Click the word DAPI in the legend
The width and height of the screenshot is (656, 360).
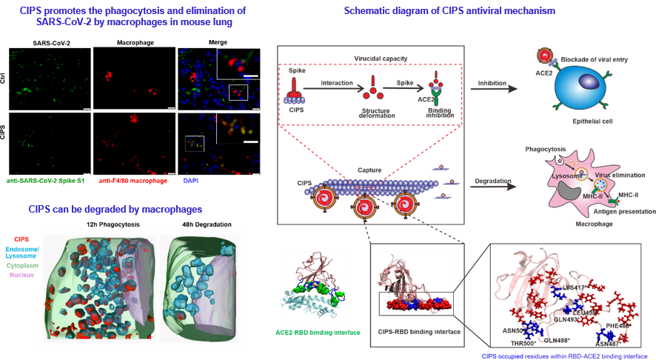click(192, 180)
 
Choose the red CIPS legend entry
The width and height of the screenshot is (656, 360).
click(21, 239)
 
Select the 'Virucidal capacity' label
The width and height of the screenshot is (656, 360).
click(370, 56)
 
